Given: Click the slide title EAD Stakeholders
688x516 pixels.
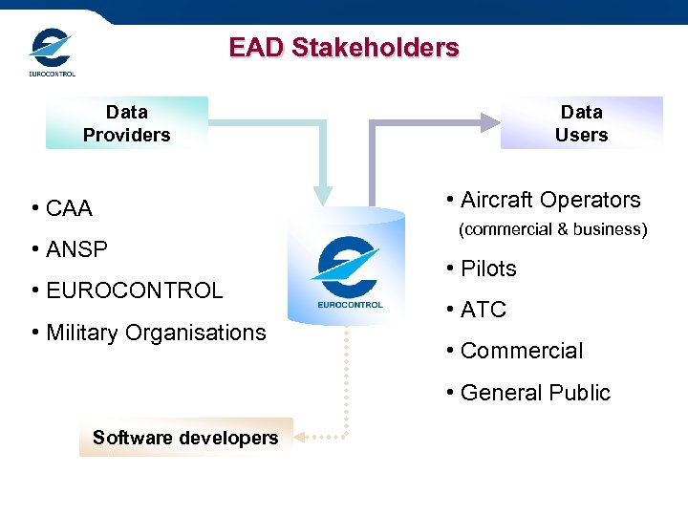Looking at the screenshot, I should pos(344,48).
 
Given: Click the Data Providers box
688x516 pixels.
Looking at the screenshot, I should pos(126,123).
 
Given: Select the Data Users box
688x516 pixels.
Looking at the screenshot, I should pos(581,123).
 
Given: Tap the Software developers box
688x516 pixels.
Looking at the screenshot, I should pos(185,438).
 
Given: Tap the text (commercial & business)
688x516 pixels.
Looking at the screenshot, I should pos(553,229).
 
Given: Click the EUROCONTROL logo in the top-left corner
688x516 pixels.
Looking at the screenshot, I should pos(51,53).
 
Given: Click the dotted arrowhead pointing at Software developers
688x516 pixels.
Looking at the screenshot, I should pos(300,437).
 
